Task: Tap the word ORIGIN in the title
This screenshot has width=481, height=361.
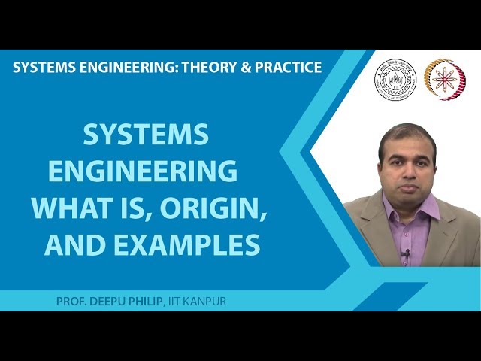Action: (x=224, y=208)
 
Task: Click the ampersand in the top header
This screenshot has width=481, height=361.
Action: (x=244, y=68)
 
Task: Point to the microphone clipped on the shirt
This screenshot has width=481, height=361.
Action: (x=406, y=253)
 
